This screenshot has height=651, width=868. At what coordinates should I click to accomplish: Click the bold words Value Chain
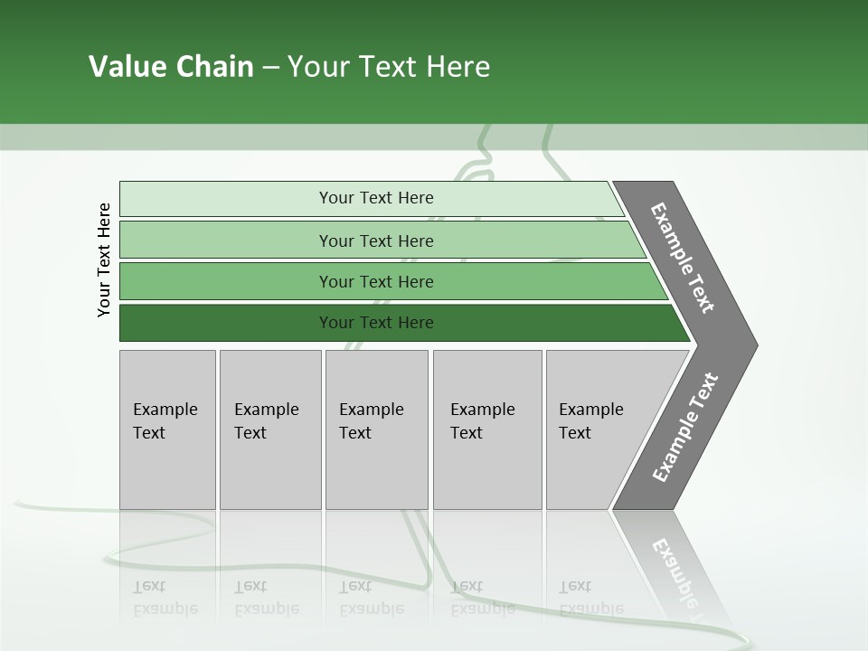click(x=171, y=67)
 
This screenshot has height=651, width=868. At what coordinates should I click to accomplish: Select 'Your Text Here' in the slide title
click(x=389, y=67)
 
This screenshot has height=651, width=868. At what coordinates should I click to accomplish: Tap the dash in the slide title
click(x=270, y=68)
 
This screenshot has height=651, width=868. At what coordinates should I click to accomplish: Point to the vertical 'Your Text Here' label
click(x=104, y=260)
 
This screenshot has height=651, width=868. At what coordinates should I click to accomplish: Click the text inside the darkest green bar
click(x=376, y=323)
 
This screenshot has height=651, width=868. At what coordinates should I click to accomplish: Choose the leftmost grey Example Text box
click(x=167, y=429)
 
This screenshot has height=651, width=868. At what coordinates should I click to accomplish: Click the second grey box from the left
click(x=270, y=429)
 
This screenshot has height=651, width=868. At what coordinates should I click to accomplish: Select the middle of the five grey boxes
click(x=376, y=429)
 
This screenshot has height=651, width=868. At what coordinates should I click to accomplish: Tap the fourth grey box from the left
click(x=487, y=429)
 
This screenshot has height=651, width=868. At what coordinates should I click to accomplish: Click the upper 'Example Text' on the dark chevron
click(x=683, y=259)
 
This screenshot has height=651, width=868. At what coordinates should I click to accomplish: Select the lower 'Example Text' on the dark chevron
click(x=684, y=427)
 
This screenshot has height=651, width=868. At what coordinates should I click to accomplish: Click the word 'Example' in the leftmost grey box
click(x=165, y=410)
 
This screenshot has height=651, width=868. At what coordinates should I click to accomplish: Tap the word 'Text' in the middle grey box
click(x=355, y=433)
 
